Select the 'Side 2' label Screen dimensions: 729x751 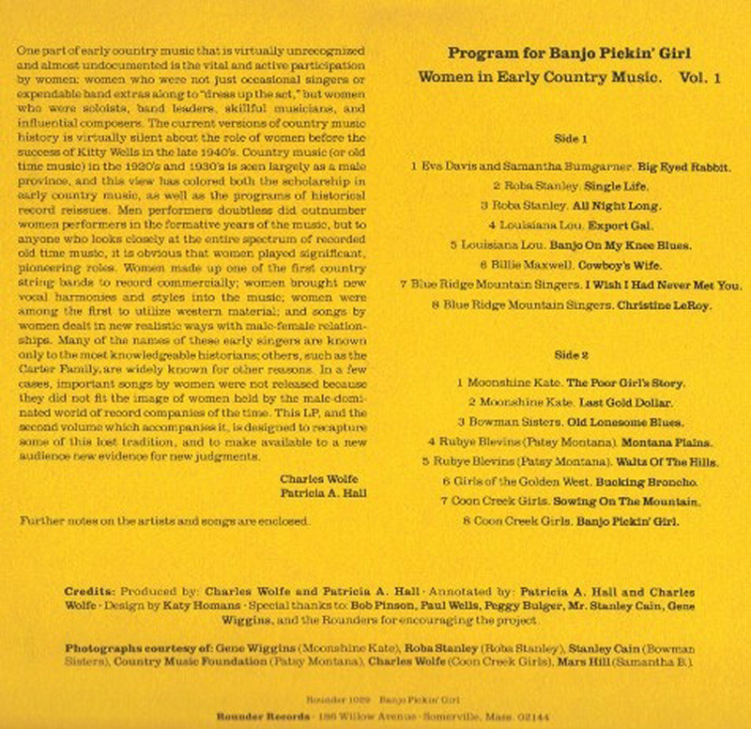(x=571, y=356)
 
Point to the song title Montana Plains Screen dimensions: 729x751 (x=667, y=442)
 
